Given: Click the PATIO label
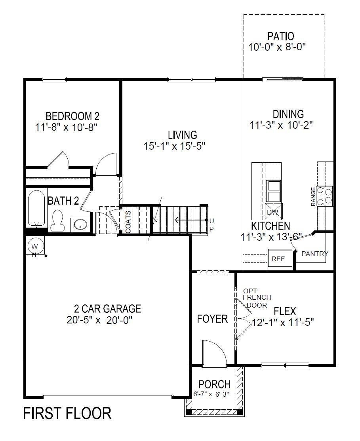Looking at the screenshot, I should click(280, 36).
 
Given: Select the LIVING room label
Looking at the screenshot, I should click(182, 135).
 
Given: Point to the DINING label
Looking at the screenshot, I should click(288, 114).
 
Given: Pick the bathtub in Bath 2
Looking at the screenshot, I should click(36, 209).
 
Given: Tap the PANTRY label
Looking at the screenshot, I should click(314, 254).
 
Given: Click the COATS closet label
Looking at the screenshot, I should click(128, 222).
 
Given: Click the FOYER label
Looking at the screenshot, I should click(213, 319).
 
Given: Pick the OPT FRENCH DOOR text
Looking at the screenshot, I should click(257, 298).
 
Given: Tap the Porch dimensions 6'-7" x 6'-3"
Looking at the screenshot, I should click(214, 394).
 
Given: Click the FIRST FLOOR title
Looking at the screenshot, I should click(67, 413).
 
